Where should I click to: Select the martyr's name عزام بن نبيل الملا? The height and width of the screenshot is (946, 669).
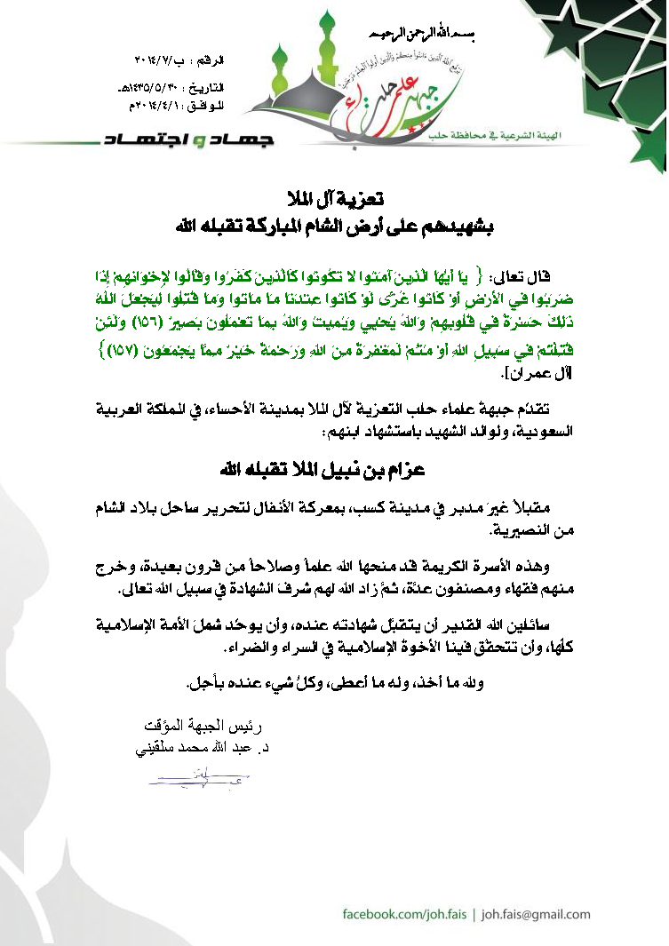(333, 467)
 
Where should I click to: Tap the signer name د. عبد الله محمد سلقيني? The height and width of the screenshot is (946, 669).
(197, 750)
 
